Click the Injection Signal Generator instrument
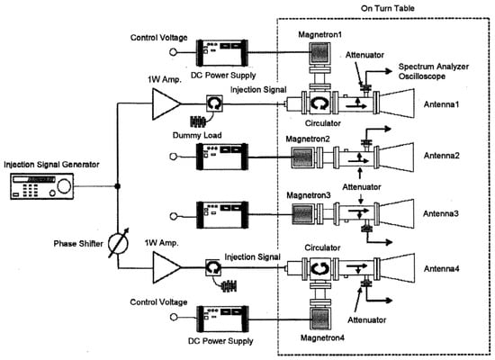42,186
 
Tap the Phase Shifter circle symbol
119,244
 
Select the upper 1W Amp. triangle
166,103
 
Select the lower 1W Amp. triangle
166,267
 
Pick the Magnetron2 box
303,157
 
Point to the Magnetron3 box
303,213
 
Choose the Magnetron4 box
320,319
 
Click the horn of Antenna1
397,103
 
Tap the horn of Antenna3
397,214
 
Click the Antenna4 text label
441,269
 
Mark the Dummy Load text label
197,135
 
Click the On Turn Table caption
388,8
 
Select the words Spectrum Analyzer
434,67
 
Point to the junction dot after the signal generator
117,186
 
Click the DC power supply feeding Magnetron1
222,53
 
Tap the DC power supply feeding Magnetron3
222,215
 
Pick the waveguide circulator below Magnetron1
319,103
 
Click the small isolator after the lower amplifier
213,267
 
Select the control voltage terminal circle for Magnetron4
174,317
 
